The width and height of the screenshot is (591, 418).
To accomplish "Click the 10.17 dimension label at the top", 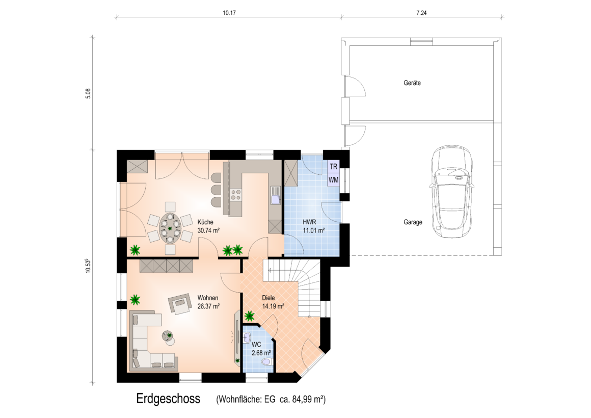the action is (229, 13).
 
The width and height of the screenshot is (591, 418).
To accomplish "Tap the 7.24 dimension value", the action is (421, 13).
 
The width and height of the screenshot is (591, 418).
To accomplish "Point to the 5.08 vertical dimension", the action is (88, 94).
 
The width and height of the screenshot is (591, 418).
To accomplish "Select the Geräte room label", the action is (412, 83).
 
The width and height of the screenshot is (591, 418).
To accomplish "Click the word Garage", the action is (413, 222).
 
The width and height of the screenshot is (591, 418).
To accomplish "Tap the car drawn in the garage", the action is (452, 192).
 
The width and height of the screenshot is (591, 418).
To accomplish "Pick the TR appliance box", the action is (334, 166).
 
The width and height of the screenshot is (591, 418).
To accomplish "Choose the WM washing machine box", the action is (334, 180).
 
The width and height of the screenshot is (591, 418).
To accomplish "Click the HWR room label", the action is (309, 222).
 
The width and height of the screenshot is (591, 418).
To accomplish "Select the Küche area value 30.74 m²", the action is (208, 230).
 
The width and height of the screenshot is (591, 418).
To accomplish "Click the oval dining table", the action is (170, 228).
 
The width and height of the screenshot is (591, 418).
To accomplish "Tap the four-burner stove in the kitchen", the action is (236, 194).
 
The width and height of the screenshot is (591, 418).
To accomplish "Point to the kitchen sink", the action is (275, 195).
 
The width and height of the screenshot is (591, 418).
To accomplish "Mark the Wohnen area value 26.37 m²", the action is (208, 306).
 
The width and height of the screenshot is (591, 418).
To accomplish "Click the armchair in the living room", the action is (180, 303).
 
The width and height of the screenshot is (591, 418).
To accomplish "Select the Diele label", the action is (268, 298).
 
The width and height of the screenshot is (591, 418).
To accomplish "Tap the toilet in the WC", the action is (266, 362).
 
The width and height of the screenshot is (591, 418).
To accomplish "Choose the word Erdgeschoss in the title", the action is (168, 399).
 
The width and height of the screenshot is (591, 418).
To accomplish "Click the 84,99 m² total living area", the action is (309, 399).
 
